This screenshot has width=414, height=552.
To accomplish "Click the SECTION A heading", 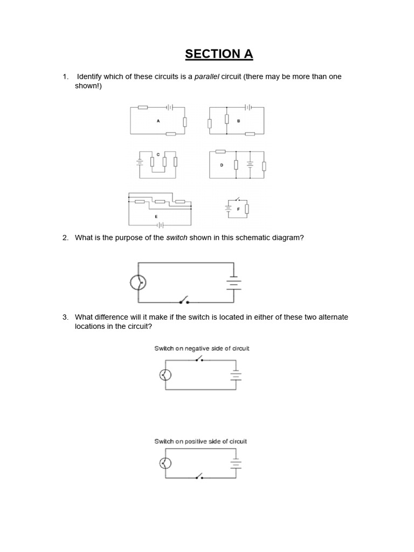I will pos(219,54).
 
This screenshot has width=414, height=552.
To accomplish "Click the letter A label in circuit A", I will pos(158,121).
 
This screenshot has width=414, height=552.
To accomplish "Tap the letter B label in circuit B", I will pos(238,121).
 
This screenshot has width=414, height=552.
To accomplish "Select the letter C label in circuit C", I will pos(158,154).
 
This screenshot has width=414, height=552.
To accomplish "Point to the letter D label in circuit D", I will pos(222,165).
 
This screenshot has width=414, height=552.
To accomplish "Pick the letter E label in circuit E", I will pos(156,216).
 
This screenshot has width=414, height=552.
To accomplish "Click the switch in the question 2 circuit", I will pos(183,300).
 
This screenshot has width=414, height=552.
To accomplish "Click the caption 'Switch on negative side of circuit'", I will pos(202,349).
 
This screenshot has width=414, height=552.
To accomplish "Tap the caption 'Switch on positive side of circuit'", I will pos(201,441).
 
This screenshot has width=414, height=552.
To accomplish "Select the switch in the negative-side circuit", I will pos(198,359).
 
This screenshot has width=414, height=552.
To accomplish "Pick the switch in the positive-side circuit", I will pos(199,477).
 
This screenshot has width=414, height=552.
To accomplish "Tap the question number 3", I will pos(66,317).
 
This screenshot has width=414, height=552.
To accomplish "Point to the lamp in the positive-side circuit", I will pos(166,463).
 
